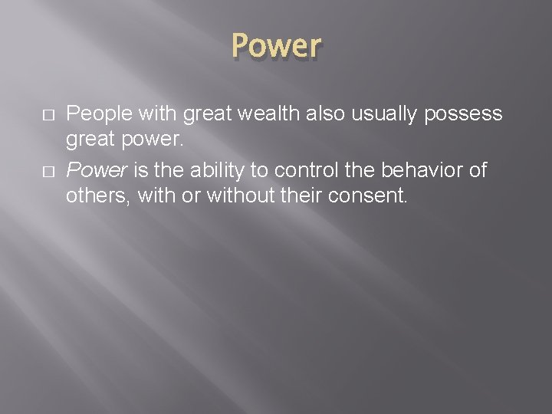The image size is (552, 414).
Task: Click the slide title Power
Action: click(276, 45)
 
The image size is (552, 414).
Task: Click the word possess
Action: click(465, 114)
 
